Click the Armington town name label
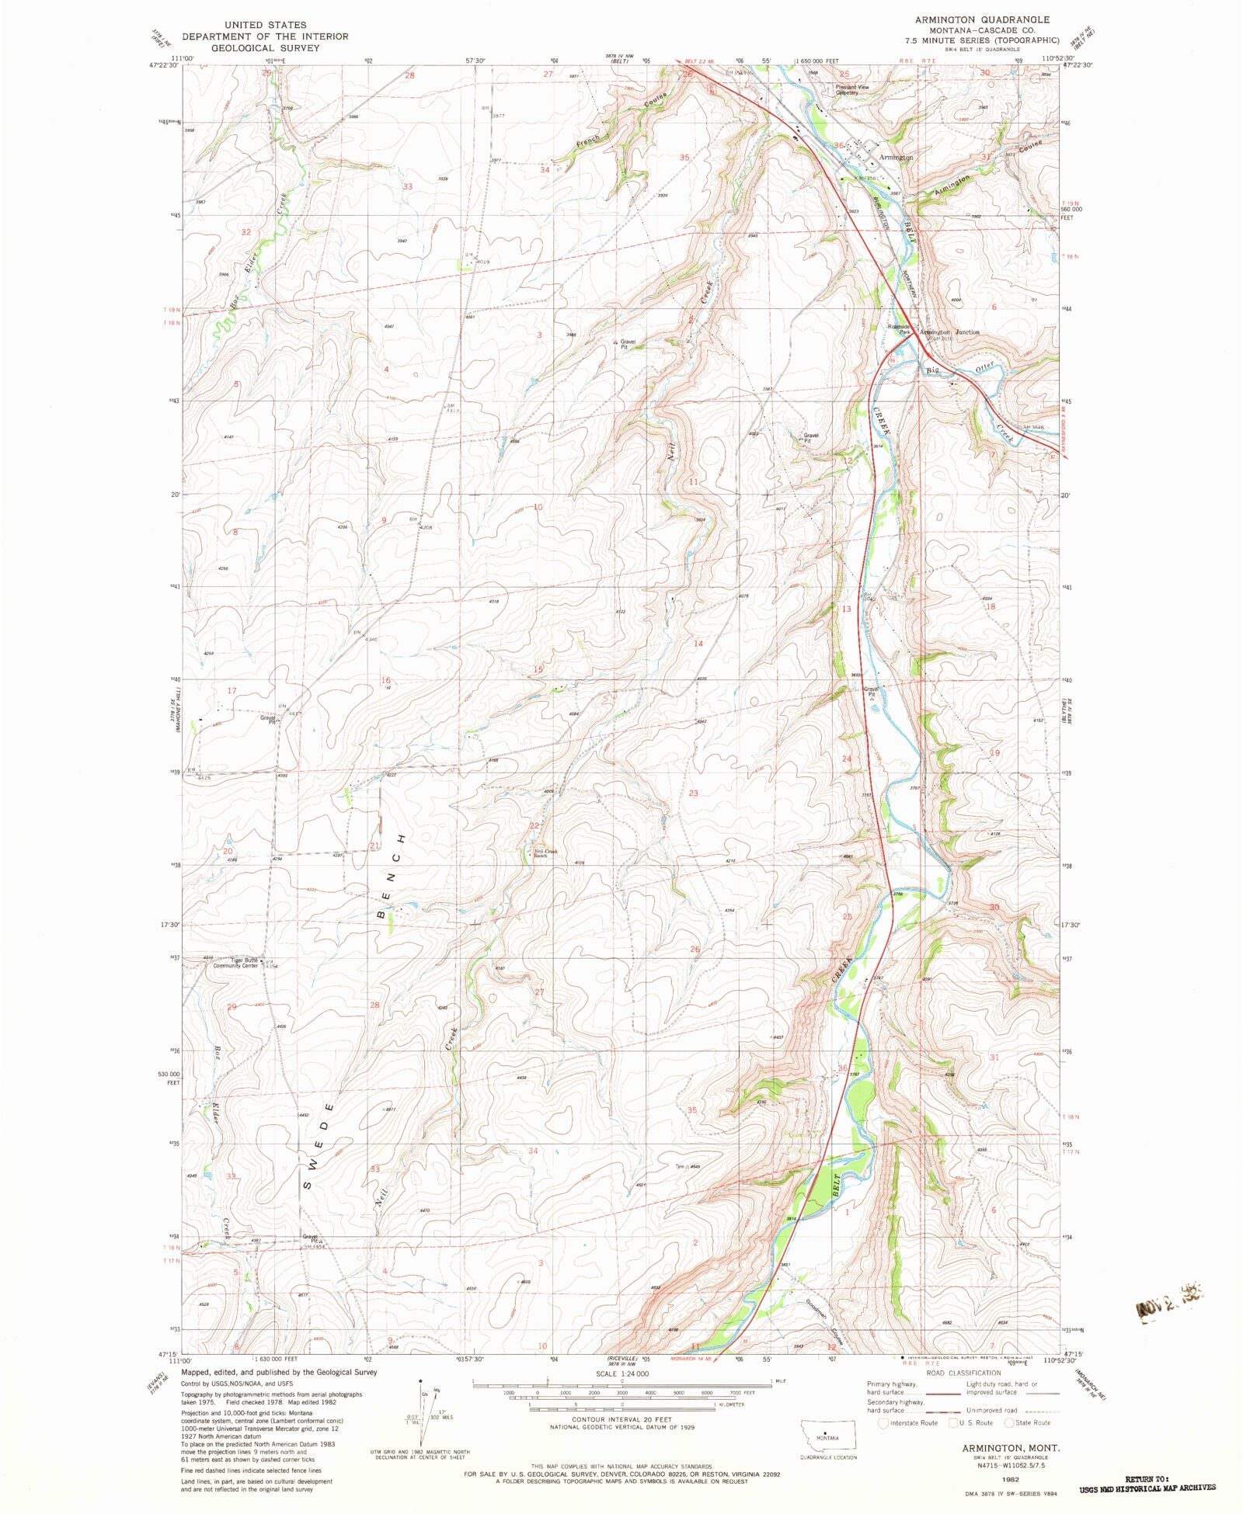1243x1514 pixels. point(896,158)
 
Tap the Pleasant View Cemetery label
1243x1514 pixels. point(851,90)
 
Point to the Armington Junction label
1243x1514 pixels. point(949,332)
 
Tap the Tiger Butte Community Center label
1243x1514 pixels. point(235,964)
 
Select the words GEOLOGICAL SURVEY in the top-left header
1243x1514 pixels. point(265,47)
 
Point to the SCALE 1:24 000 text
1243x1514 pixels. point(621,1373)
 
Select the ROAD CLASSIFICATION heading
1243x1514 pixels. point(963,1373)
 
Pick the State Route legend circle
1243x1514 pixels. point(1009,1422)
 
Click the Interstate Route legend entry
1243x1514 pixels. point(907,1422)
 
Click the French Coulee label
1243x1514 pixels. point(588,141)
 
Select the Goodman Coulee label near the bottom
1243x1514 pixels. point(825,1316)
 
